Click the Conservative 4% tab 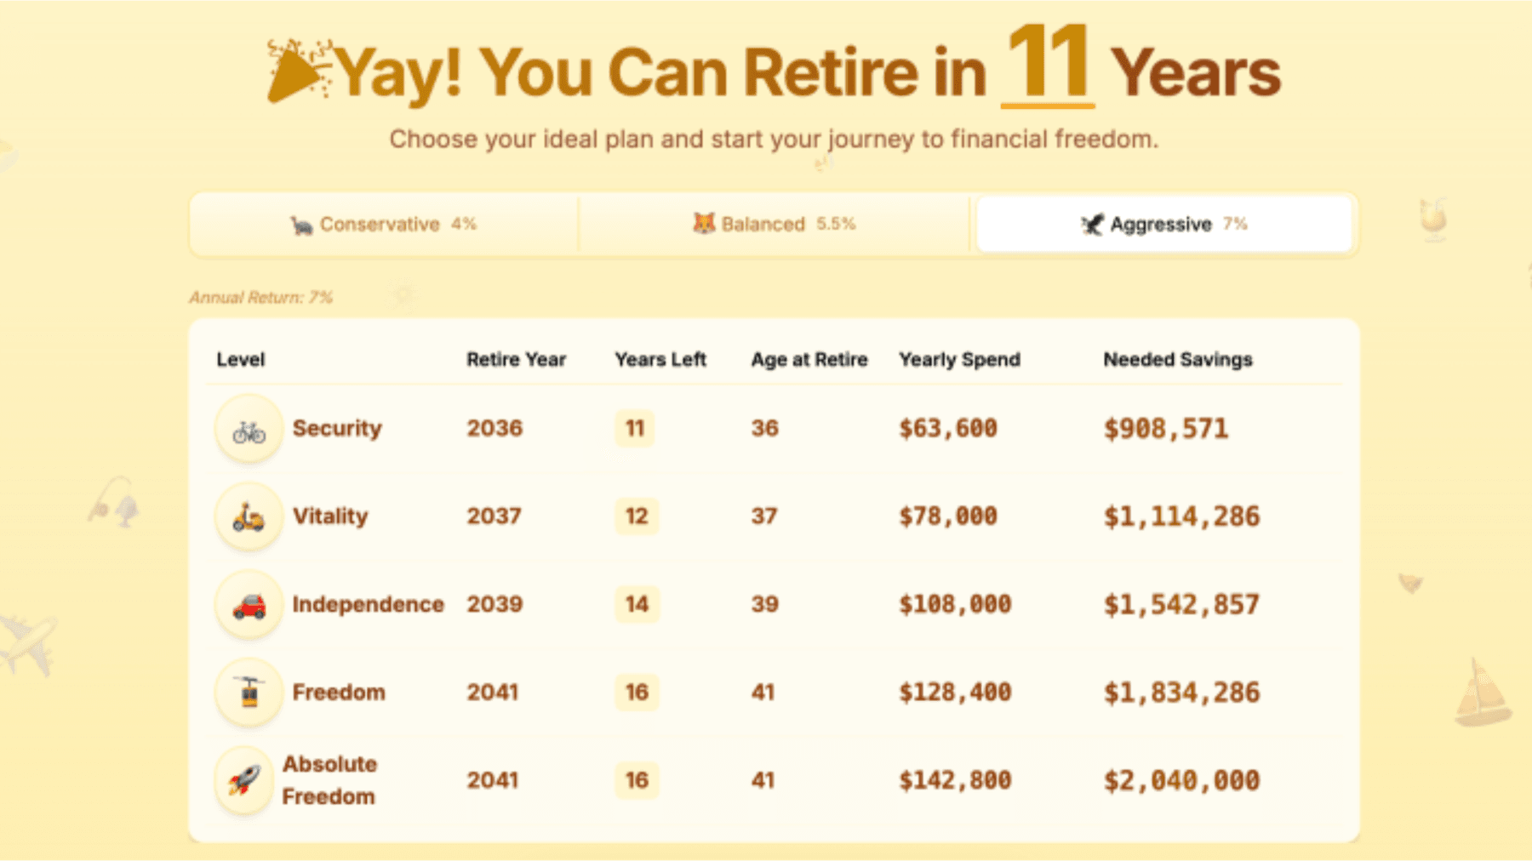point(384,225)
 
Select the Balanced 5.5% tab point(774,225)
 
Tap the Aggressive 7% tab point(1164,225)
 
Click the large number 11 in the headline point(1048,63)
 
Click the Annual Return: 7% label point(260,297)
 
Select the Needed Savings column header point(1178,360)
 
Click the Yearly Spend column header point(959,360)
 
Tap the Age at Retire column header point(809,360)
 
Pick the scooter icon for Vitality point(249,516)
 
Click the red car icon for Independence point(249,605)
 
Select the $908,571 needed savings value point(1166,429)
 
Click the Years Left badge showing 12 point(637,516)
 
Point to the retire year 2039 point(494,604)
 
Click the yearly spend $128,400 point(955,693)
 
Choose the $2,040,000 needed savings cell point(1181,781)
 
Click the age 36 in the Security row point(764,428)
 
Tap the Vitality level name point(330,516)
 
